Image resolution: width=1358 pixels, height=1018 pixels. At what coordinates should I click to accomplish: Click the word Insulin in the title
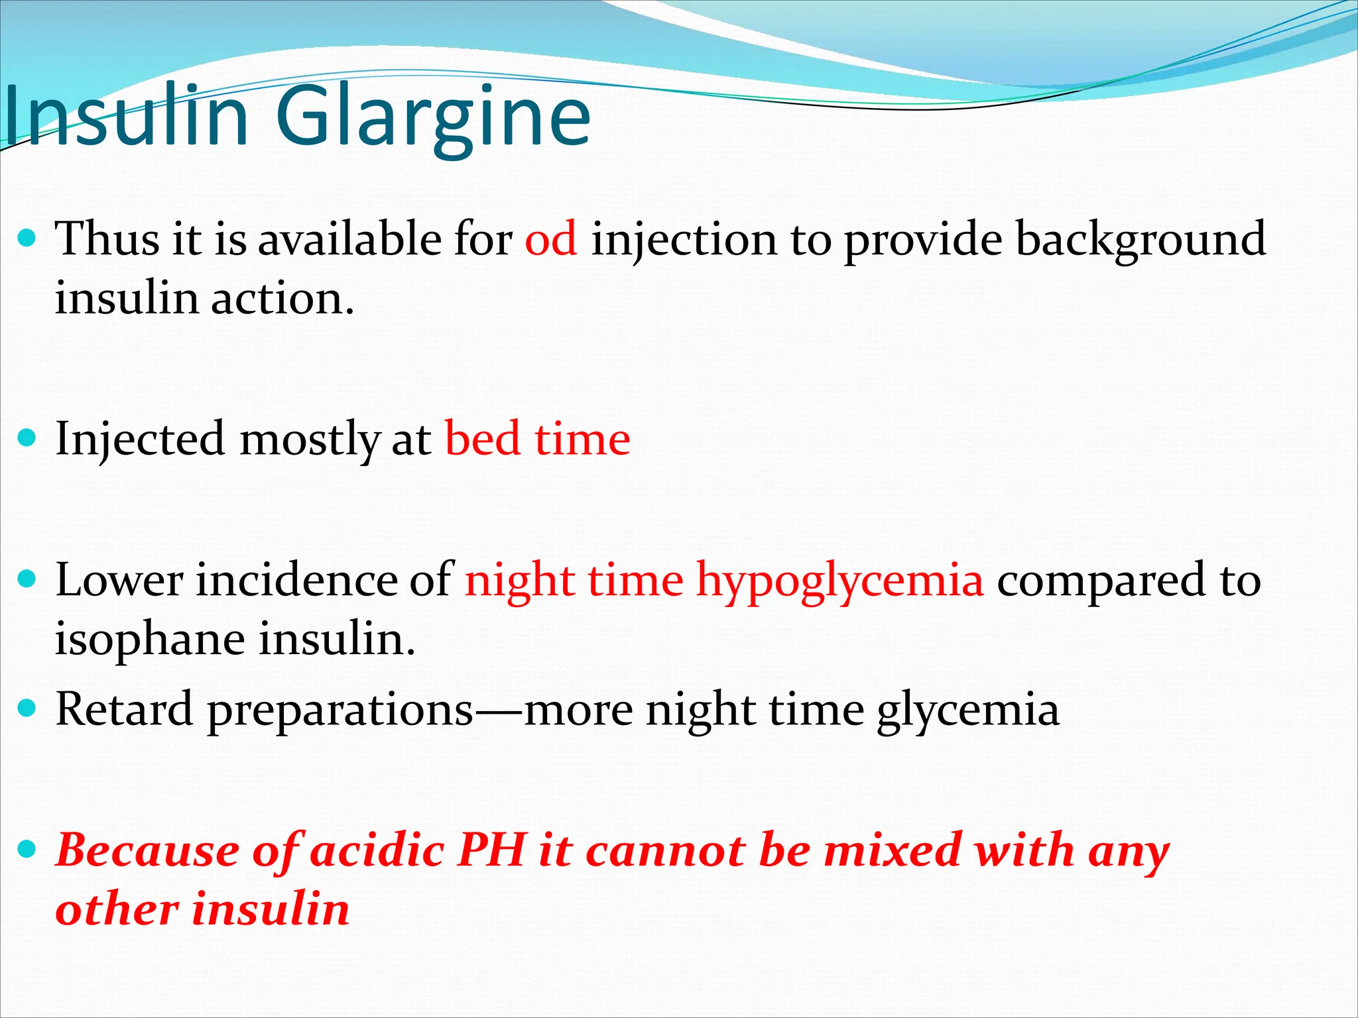(126, 118)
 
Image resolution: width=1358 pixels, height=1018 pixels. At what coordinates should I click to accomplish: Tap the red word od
(550, 239)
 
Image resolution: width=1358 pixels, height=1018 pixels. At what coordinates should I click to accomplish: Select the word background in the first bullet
(1140, 240)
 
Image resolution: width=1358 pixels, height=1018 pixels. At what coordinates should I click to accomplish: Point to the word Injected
(140, 441)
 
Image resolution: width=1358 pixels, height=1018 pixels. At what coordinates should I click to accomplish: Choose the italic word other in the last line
(117, 909)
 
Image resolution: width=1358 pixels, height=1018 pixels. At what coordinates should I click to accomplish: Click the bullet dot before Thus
(27, 238)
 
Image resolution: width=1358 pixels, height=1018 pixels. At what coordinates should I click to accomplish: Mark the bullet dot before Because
(27, 848)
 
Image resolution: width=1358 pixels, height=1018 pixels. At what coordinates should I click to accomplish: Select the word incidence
(294, 581)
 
